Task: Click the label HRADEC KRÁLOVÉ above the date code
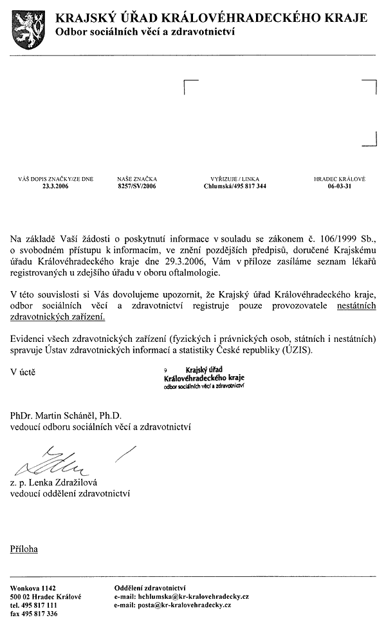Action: pos(339,178)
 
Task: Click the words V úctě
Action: pos(24,372)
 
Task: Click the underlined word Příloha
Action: pos(24,549)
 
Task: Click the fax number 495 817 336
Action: pos(42,614)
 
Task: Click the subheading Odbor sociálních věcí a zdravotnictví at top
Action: pos(145,32)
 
